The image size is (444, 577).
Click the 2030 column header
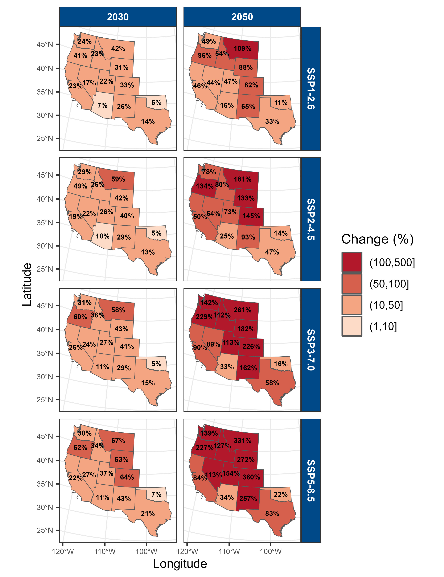point(118,17)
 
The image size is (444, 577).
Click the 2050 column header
point(242,17)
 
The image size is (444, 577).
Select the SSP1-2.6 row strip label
point(311,88)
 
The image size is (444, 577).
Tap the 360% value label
point(251,477)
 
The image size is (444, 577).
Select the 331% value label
point(242,440)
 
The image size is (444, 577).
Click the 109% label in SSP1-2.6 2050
point(242,49)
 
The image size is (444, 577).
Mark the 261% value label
point(242,310)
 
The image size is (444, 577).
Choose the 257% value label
point(248,499)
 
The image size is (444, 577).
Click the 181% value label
point(242,179)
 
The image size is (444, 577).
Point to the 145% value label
point(251,216)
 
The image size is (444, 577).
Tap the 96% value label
point(205,55)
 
